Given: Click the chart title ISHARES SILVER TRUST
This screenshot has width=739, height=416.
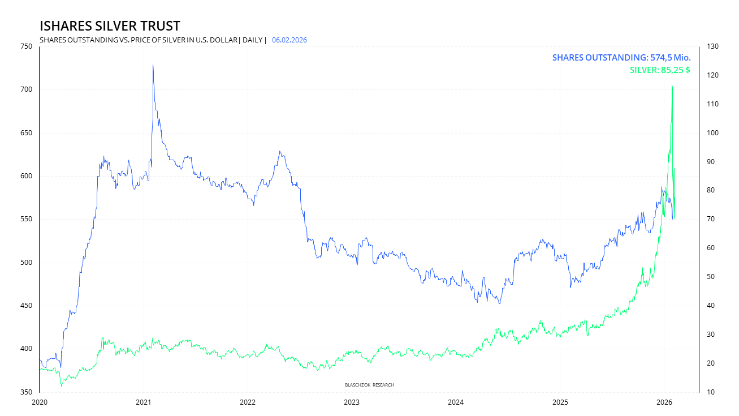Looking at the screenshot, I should [110, 26].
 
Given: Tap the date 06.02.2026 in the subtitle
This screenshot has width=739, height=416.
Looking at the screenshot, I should [289, 40].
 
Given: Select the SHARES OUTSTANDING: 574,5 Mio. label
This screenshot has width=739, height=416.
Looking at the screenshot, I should [621, 58].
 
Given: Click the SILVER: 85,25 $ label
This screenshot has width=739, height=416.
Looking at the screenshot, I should [660, 71].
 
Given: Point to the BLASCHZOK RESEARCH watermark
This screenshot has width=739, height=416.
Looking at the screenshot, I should [369, 385].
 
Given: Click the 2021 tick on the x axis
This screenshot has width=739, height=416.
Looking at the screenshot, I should [143, 402].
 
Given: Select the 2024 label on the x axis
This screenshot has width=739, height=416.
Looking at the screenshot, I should [456, 402].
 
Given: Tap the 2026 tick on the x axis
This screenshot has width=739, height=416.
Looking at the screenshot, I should [664, 402].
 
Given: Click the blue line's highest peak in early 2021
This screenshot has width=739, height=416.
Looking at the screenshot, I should [153, 65].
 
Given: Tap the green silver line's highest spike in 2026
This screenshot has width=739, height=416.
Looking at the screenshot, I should [672, 85].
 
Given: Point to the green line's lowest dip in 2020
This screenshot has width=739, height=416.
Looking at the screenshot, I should [62, 386].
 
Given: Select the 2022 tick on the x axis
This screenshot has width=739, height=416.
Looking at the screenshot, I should [247, 402].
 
